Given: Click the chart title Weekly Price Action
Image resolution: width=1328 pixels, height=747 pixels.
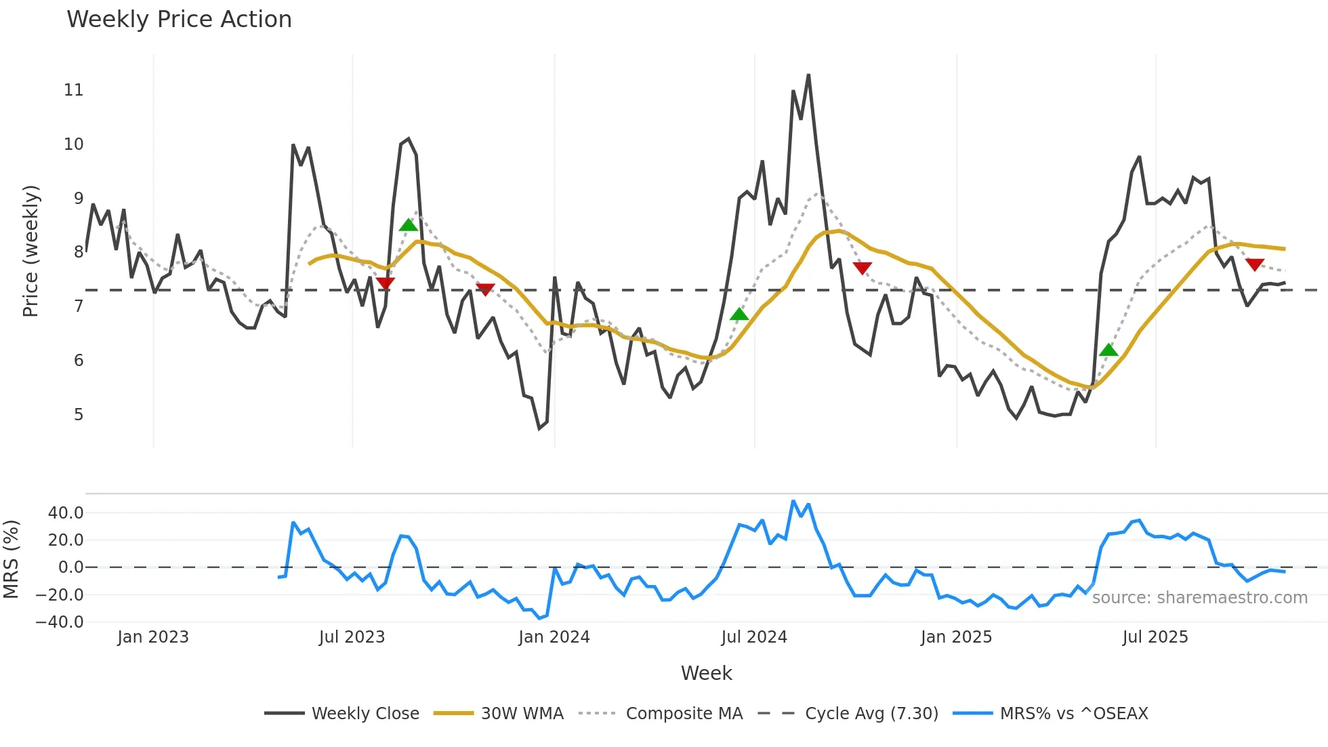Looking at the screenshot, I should tap(179, 20).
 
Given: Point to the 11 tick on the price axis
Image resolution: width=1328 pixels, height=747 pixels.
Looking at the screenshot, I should tap(73, 90).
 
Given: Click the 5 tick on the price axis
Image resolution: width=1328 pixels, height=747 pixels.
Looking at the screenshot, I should tap(79, 415).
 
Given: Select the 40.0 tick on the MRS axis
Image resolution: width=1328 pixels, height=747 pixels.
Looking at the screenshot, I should tap(66, 513).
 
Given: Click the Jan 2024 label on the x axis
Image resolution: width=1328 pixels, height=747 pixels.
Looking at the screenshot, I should tap(554, 637).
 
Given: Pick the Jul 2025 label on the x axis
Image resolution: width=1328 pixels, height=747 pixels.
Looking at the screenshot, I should tap(1155, 637).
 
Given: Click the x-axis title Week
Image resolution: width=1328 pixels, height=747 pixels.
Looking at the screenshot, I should tap(706, 673).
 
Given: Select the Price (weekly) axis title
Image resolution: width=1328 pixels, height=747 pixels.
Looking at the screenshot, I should tap(30, 251).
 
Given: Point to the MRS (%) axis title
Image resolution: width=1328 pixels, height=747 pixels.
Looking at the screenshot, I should tap(11, 559).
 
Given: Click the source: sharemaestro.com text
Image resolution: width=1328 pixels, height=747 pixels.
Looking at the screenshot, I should tap(1199, 598).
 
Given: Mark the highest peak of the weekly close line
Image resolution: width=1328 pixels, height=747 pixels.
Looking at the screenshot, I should tap(808, 75).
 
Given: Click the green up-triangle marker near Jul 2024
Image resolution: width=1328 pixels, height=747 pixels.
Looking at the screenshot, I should tap(739, 315).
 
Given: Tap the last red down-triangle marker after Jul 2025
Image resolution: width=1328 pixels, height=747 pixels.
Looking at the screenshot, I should tap(1254, 264).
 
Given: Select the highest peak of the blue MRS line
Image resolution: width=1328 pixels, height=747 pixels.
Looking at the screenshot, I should tap(793, 501).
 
